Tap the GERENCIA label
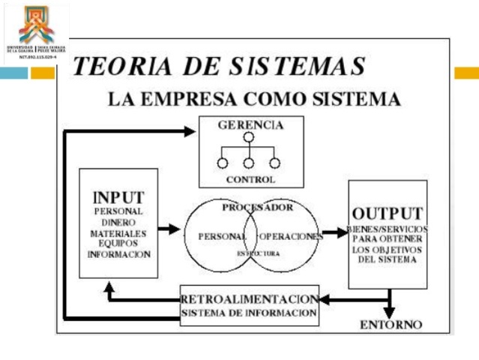(x=250, y=125)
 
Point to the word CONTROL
(x=250, y=180)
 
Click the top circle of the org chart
(x=248, y=137)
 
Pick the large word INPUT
(x=118, y=197)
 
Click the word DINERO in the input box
(x=118, y=222)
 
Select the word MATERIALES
(x=118, y=232)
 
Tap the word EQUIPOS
(x=118, y=243)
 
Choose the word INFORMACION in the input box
(x=118, y=254)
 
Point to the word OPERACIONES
(x=292, y=236)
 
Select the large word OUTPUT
(x=387, y=213)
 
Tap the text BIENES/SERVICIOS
(x=387, y=229)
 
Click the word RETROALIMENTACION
(x=250, y=299)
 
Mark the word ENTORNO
(x=391, y=325)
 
